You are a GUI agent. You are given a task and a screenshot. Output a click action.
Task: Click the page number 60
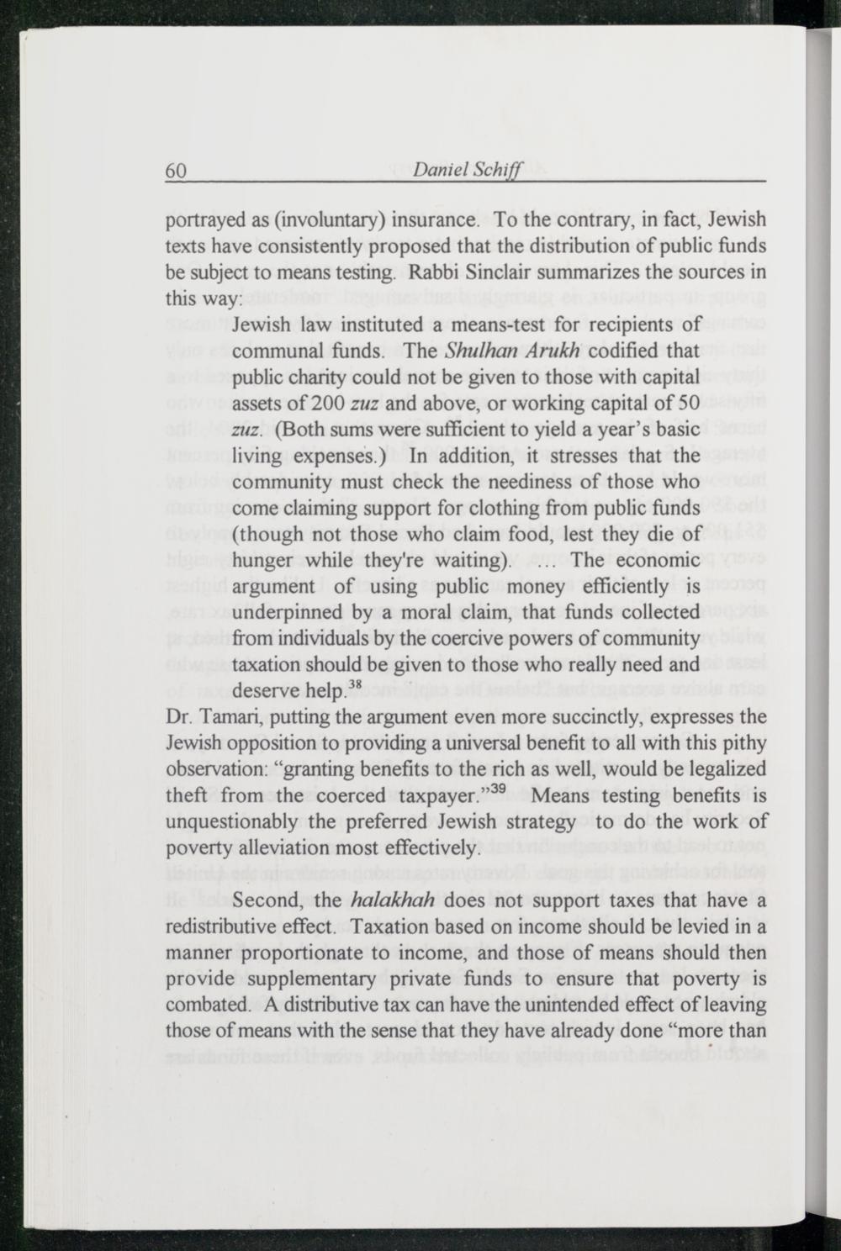(x=175, y=170)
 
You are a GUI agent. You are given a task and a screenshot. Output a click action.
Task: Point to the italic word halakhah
(x=394, y=900)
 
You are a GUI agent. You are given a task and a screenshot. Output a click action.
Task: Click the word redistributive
(x=230, y=927)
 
